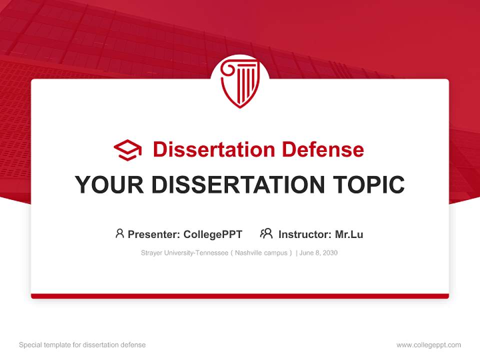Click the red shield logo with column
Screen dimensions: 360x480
240,82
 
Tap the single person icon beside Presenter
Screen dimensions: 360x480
119,233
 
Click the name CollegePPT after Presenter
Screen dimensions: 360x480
213,234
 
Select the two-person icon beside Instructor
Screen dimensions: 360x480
266,233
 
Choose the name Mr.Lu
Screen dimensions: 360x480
349,234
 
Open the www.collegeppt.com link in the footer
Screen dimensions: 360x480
428,345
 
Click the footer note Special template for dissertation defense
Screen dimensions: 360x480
82,345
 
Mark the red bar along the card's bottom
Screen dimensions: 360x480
240,296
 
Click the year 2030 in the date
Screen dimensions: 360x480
329,253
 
